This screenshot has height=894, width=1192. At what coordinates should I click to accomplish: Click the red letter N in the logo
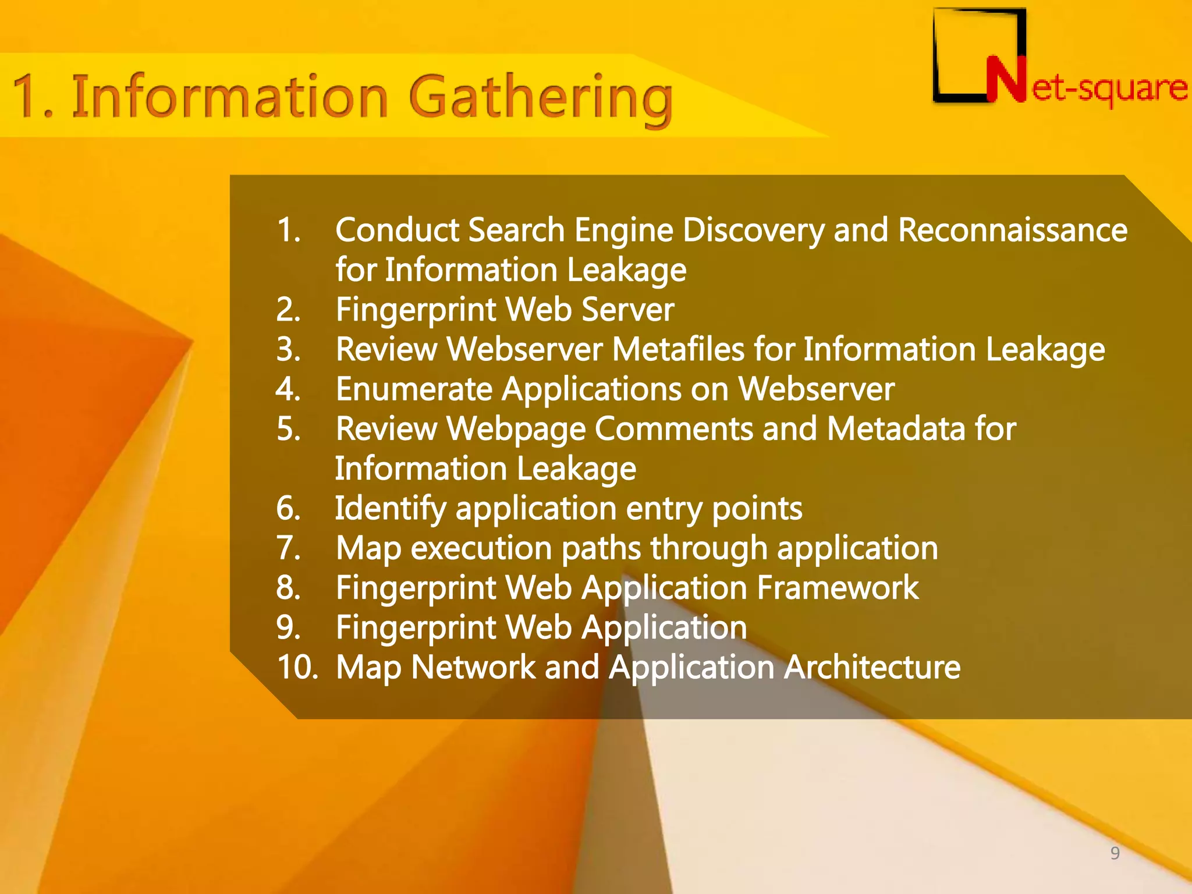(x=1006, y=80)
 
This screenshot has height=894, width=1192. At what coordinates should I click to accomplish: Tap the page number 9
(x=1115, y=853)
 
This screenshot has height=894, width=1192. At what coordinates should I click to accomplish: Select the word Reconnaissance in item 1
(x=1013, y=230)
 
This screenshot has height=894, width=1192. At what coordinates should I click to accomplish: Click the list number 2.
(x=288, y=310)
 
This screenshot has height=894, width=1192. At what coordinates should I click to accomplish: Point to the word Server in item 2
(x=628, y=310)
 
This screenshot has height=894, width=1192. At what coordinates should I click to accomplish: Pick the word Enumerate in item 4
(x=414, y=389)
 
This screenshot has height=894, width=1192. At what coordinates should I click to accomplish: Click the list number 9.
(x=288, y=627)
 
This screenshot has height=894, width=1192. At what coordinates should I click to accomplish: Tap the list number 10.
(x=297, y=667)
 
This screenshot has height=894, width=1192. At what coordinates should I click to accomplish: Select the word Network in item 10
(x=473, y=667)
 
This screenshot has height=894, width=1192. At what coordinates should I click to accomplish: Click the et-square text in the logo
(x=1109, y=88)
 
